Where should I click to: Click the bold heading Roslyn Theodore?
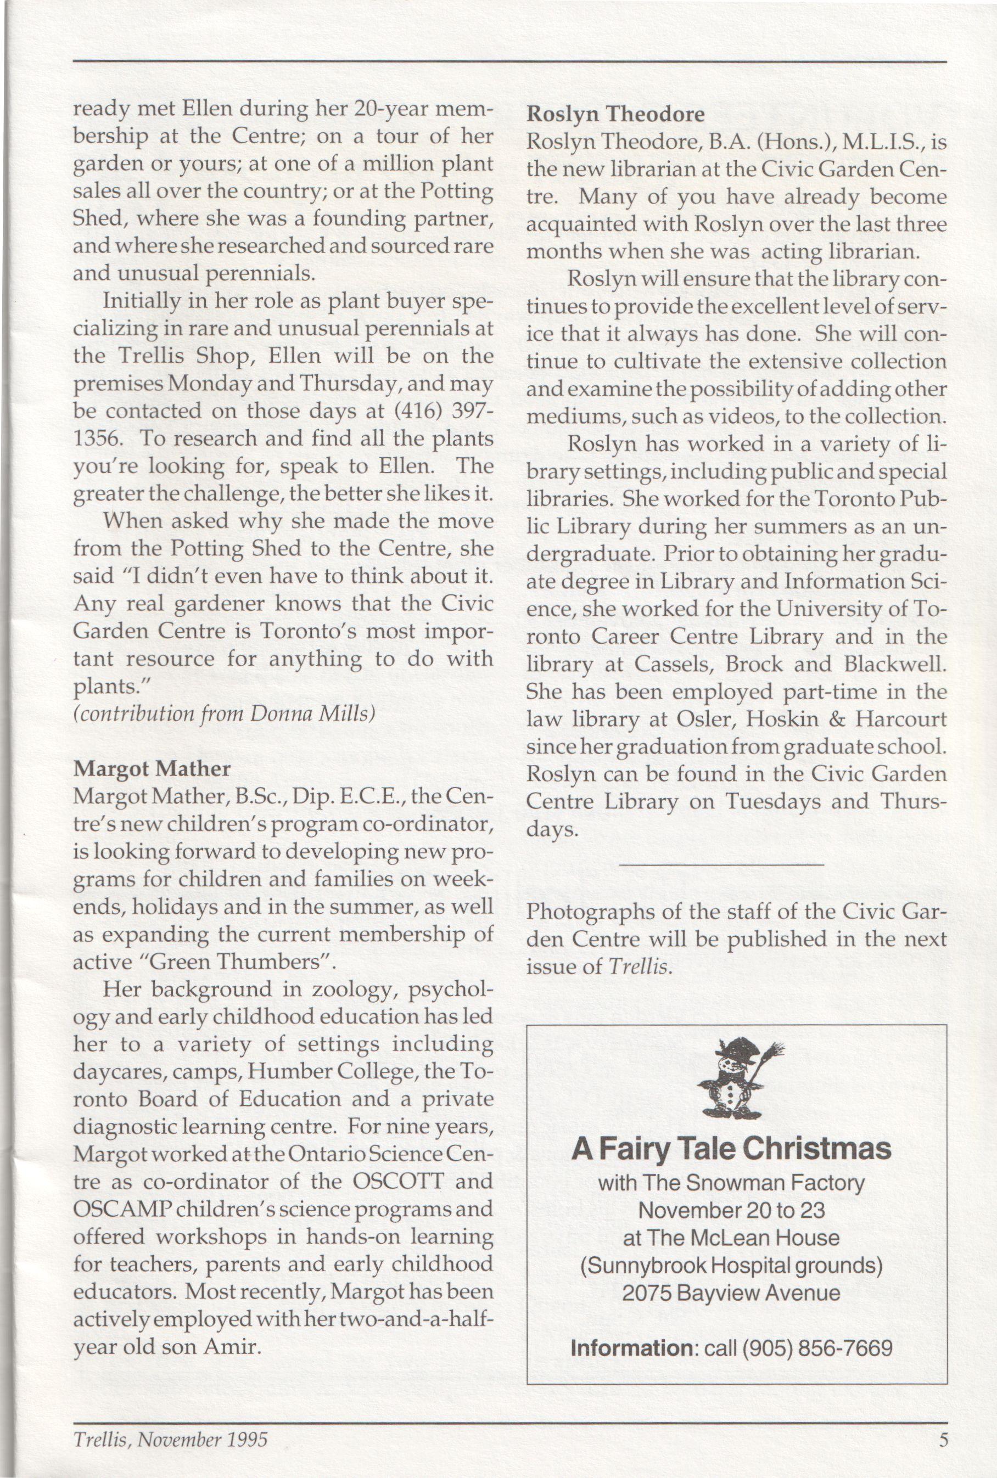click(615, 114)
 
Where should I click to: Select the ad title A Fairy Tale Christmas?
click(731, 1149)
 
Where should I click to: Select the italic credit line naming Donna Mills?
click(224, 714)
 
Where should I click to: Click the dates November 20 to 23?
click(731, 1210)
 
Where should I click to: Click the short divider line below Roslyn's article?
click(720, 864)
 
